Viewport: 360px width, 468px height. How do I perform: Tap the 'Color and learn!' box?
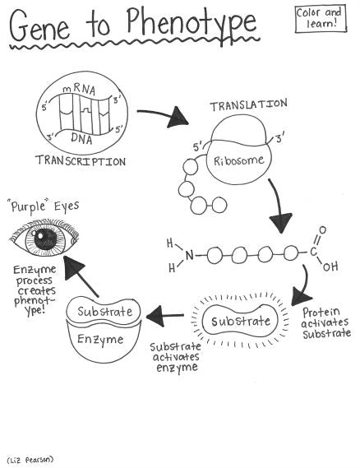tap(322, 19)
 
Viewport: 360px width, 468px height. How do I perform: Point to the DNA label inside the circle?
tap(81, 137)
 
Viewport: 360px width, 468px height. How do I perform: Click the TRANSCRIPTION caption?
tap(81, 161)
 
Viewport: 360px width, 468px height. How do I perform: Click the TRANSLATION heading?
tap(247, 105)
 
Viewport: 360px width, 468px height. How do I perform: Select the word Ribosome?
tap(240, 160)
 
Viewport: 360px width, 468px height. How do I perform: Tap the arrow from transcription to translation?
tap(164, 118)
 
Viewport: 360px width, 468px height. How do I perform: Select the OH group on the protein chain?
tap(330, 266)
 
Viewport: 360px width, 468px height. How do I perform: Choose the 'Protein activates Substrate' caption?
tap(326, 322)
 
